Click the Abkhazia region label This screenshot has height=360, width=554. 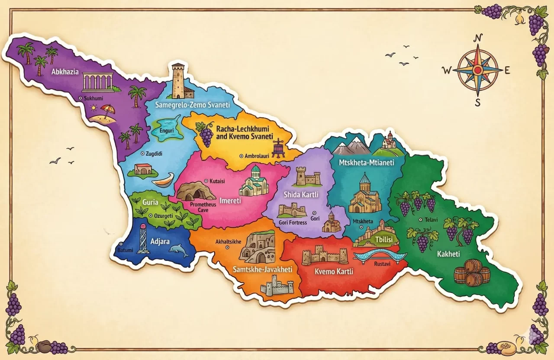[x=65, y=72]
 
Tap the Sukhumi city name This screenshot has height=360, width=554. [x=93, y=99]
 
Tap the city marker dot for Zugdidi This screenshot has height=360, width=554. [x=143, y=154]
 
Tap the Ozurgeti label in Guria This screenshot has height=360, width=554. [x=164, y=215]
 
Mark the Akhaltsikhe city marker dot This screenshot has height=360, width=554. [x=227, y=247]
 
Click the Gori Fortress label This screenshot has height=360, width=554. [x=293, y=222]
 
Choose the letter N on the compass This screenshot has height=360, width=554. [x=478, y=37]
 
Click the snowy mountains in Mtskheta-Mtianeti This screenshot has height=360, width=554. [x=352, y=146]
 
